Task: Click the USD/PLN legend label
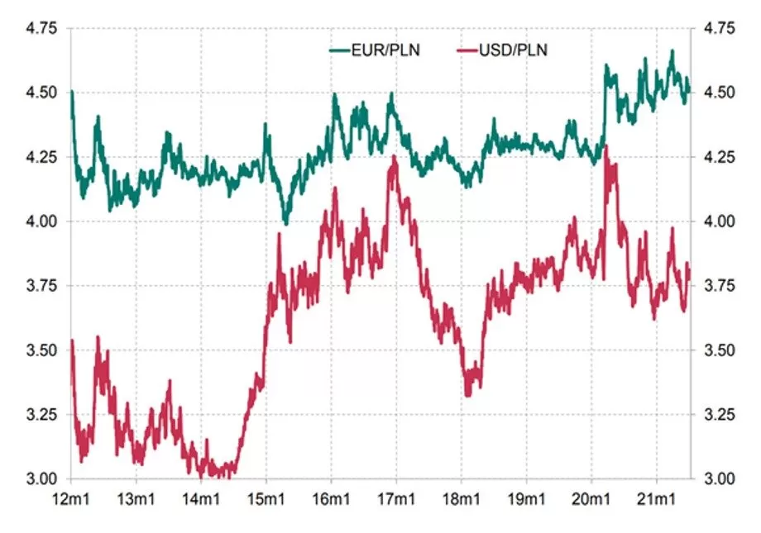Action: [513, 51]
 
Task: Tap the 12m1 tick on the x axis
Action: [71, 499]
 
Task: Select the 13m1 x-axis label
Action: [136, 499]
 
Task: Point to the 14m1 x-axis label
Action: [201, 499]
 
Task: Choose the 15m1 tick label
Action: [266, 499]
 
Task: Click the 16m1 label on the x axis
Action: [331, 499]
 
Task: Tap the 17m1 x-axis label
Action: [396, 499]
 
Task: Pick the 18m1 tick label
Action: [462, 499]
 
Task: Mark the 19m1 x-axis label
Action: [526, 499]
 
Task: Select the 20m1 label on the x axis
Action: [591, 499]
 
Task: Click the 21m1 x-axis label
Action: [657, 499]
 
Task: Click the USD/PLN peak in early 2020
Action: [607, 146]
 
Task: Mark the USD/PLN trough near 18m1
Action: [468, 395]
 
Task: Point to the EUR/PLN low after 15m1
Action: [286, 223]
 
